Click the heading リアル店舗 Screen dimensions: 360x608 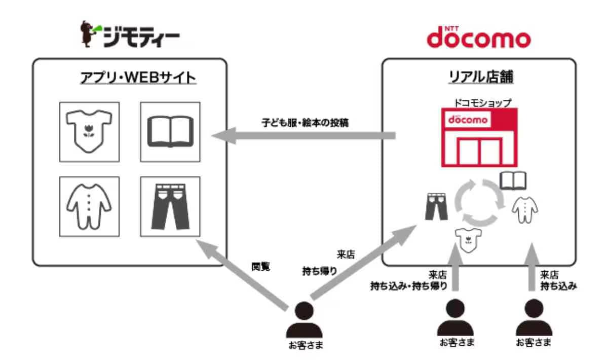coord(479,79)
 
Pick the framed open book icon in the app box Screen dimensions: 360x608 coord(170,132)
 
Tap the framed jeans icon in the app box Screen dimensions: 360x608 coord(170,206)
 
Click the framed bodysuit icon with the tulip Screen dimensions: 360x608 coord(89,132)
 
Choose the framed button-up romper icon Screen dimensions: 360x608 coord(89,206)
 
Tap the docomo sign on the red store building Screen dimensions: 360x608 coord(468,121)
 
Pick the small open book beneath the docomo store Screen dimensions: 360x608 coord(513,180)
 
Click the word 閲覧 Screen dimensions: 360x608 coord(260,267)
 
